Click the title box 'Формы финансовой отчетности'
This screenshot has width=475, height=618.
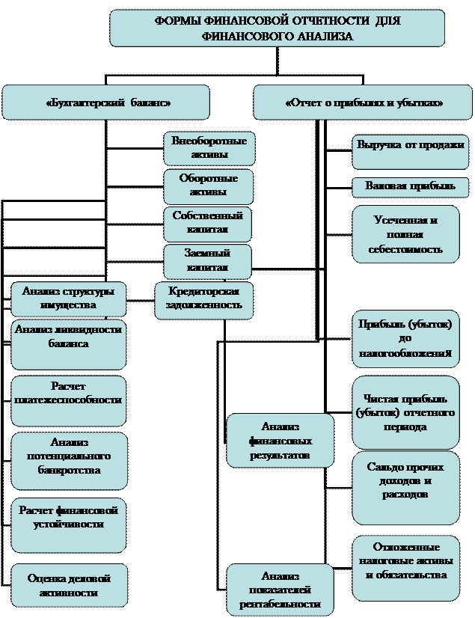pyautogui.click(x=277, y=28)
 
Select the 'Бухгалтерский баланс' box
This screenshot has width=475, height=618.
pyautogui.click(x=105, y=103)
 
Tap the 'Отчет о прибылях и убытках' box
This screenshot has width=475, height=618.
pyautogui.click(x=363, y=103)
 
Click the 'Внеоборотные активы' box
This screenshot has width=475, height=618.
pyautogui.click(x=209, y=148)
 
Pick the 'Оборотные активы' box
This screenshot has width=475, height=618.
pyautogui.click(x=209, y=186)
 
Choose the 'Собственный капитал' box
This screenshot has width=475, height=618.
pyautogui.click(x=207, y=223)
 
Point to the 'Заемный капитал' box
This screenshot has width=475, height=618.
pyautogui.click(x=207, y=260)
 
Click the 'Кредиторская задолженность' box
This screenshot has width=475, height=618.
pyautogui.click(x=203, y=299)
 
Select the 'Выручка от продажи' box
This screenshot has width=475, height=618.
pyautogui.click(x=410, y=152)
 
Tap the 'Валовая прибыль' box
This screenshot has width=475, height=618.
pyautogui.click(x=410, y=186)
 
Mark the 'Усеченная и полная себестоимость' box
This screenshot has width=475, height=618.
pyautogui.click(x=405, y=234)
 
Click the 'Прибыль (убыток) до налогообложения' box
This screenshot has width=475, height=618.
pyautogui.click(x=405, y=338)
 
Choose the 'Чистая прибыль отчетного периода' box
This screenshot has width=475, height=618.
pyautogui.click(x=405, y=412)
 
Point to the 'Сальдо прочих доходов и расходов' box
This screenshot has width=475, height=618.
pyautogui.click(x=405, y=486)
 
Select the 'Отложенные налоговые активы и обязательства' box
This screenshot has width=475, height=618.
pyautogui.click(x=405, y=567)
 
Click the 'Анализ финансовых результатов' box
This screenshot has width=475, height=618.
pyautogui.click(x=280, y=440)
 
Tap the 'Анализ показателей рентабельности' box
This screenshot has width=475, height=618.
pyautogui.click(x=280, y=590)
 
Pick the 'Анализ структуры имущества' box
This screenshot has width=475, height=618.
pyautogui.click(x=68, y=299)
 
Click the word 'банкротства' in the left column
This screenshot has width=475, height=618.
pyautogui.click(x=69, y=470)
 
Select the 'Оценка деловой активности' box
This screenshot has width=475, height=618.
pyautogui.click(x=69, y=585)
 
